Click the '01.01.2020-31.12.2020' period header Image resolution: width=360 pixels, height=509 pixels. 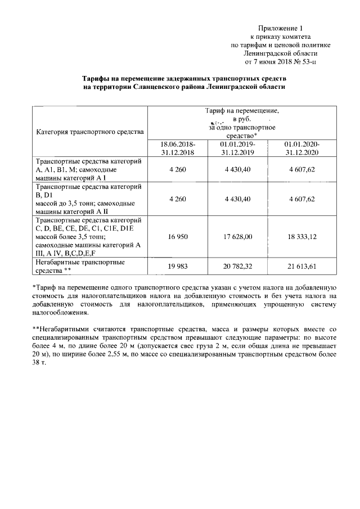(x=301, y=148)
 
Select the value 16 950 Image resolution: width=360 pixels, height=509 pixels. (x=178, y=237)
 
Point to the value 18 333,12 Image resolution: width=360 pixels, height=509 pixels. (x=301, y=237)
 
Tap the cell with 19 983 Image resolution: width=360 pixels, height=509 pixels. (x=178, y=266)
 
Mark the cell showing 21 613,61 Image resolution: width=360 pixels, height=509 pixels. (x=301, y=266)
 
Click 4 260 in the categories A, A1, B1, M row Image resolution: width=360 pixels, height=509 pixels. (x=178, y=170)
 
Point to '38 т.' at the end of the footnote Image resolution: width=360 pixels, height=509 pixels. (x=41, y=363)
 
